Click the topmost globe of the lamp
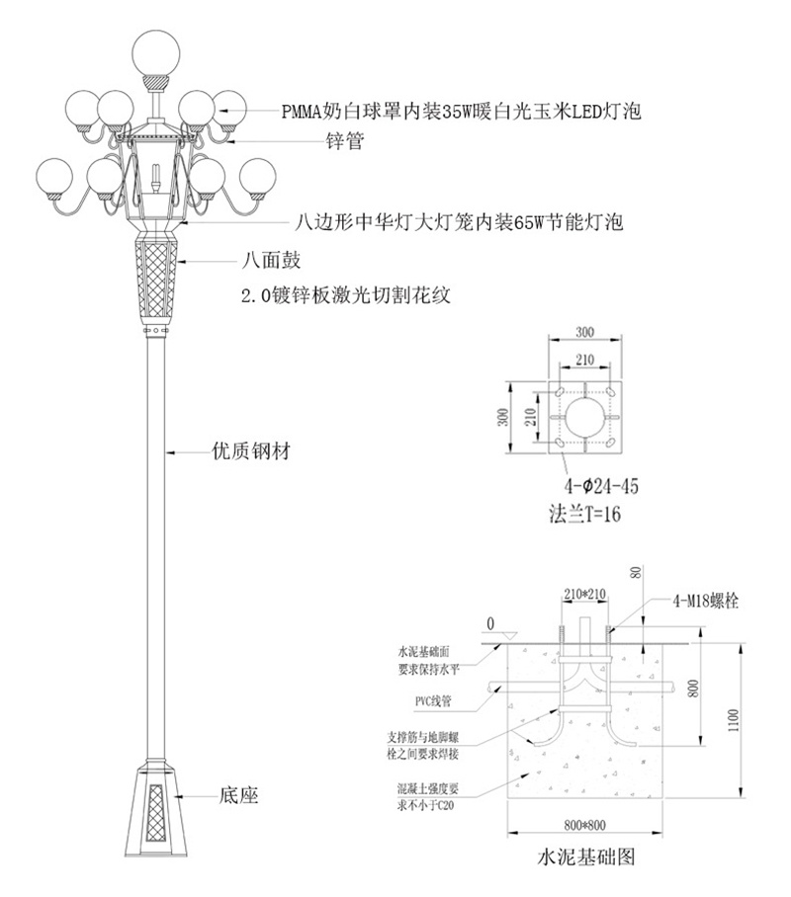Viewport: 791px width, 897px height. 156,52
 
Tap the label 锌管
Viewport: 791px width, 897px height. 345,140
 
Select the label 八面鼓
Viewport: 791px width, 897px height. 271,260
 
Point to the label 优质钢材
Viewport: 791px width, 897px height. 251,451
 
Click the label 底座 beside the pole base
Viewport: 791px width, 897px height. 239,795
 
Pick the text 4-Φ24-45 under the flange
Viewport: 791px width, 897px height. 601,486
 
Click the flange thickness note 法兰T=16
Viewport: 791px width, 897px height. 584,514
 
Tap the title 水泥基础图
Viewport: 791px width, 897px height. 585,856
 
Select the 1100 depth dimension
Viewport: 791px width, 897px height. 734,719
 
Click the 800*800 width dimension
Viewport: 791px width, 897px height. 584,825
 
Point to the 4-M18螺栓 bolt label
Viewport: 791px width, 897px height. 705,600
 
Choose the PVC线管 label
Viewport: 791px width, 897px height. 433,700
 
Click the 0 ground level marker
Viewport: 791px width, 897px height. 490,624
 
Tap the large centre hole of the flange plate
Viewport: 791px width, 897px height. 585,418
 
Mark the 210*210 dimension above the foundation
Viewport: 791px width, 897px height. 584,594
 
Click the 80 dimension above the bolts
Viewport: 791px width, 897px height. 638,573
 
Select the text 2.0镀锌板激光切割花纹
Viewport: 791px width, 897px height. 346,295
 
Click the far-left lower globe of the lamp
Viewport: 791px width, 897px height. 54,178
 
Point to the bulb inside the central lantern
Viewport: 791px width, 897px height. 155,179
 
